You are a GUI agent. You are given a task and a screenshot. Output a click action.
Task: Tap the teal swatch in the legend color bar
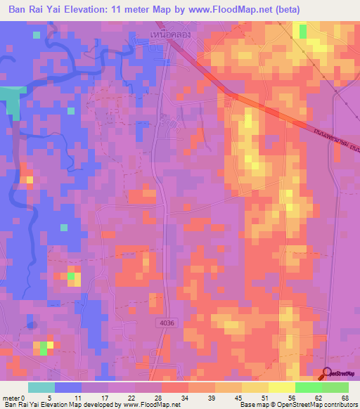[41, 387]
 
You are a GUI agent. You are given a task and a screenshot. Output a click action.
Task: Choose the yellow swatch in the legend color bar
[255, 387]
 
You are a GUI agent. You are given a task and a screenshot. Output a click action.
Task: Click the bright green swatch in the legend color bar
[308, 387]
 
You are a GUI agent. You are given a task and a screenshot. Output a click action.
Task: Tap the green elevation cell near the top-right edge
[303, 32]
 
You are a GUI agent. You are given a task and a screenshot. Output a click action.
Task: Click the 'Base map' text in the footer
[253, 405]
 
